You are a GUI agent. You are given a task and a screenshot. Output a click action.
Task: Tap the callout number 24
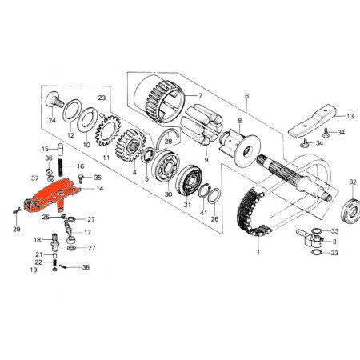[52, 122]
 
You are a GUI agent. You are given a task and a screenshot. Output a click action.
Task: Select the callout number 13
[349, 116]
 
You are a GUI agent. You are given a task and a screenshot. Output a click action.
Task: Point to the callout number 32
[352, 183]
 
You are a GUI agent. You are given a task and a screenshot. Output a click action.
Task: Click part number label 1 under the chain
[258, 253]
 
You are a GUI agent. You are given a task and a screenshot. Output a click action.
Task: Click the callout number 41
[203, 212]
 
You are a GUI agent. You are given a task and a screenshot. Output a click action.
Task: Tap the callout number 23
[102, 98]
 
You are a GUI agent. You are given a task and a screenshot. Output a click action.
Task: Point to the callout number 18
[37, 239]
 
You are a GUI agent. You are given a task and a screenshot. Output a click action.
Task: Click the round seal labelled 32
[349, 211]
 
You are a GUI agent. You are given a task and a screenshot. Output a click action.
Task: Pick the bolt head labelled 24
[59, 103]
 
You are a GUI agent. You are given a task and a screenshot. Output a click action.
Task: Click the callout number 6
[247, 95]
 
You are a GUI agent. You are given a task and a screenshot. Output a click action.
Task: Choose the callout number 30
[168, 194]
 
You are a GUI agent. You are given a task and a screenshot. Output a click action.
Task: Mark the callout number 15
[46, 149]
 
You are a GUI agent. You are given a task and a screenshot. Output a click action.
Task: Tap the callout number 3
[334, 241]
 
